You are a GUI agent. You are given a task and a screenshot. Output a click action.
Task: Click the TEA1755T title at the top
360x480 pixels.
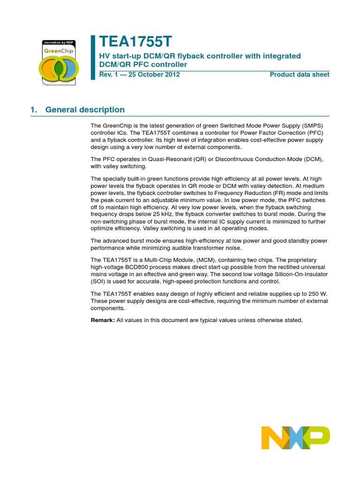click(136, 43)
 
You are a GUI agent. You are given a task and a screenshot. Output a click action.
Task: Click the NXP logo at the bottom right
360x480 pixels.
click(295, 438)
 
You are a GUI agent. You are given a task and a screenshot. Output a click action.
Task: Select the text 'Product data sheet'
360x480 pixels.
click(300, 75)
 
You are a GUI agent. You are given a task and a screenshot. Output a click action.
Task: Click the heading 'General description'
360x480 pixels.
click(85, 110)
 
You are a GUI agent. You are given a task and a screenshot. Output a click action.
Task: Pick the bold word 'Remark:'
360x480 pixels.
click(103, 320)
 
